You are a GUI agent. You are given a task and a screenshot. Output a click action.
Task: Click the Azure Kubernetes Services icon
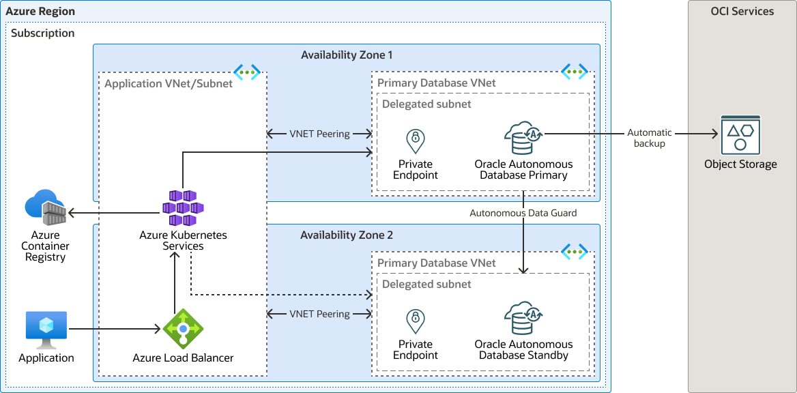click(x=183, y=207)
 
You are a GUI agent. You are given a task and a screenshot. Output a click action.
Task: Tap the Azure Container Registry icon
click(x=45, y=208)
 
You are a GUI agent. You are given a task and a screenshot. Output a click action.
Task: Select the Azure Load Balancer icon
click(x=183, y=330)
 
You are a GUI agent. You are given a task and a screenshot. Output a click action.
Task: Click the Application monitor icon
click(x=46, y=330)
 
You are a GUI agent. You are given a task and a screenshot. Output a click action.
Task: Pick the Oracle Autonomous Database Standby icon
click(x=523, y=319)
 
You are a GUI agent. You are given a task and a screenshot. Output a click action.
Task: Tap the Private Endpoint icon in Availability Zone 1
click(x=415, y=141)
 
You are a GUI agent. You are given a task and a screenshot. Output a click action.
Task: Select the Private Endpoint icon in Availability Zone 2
click(x=415, y=321)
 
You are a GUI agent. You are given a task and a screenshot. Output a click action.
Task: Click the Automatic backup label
click(x=650, y=138)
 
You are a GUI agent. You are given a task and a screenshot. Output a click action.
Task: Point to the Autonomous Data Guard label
click(x=523, y=213)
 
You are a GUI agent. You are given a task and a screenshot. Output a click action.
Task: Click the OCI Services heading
click(x=742, y=11)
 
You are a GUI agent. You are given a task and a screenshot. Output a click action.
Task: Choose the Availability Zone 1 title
click(x=347, y=55)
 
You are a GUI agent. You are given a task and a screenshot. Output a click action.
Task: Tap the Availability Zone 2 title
click(x=347, y=235)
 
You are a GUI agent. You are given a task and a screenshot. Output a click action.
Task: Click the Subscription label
click(x=43, y=33)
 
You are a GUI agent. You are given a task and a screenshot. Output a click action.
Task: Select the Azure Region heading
click(x=40, y=12)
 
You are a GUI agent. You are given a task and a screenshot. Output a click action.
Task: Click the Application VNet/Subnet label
click(x=169, y=83)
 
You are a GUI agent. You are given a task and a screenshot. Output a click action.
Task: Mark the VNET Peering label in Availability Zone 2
click(x=319, y=314)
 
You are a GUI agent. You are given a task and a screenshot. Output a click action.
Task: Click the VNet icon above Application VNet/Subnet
click(x=246, y=71)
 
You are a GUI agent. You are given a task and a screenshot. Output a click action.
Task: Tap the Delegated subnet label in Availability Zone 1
click(x=426, y=104)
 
